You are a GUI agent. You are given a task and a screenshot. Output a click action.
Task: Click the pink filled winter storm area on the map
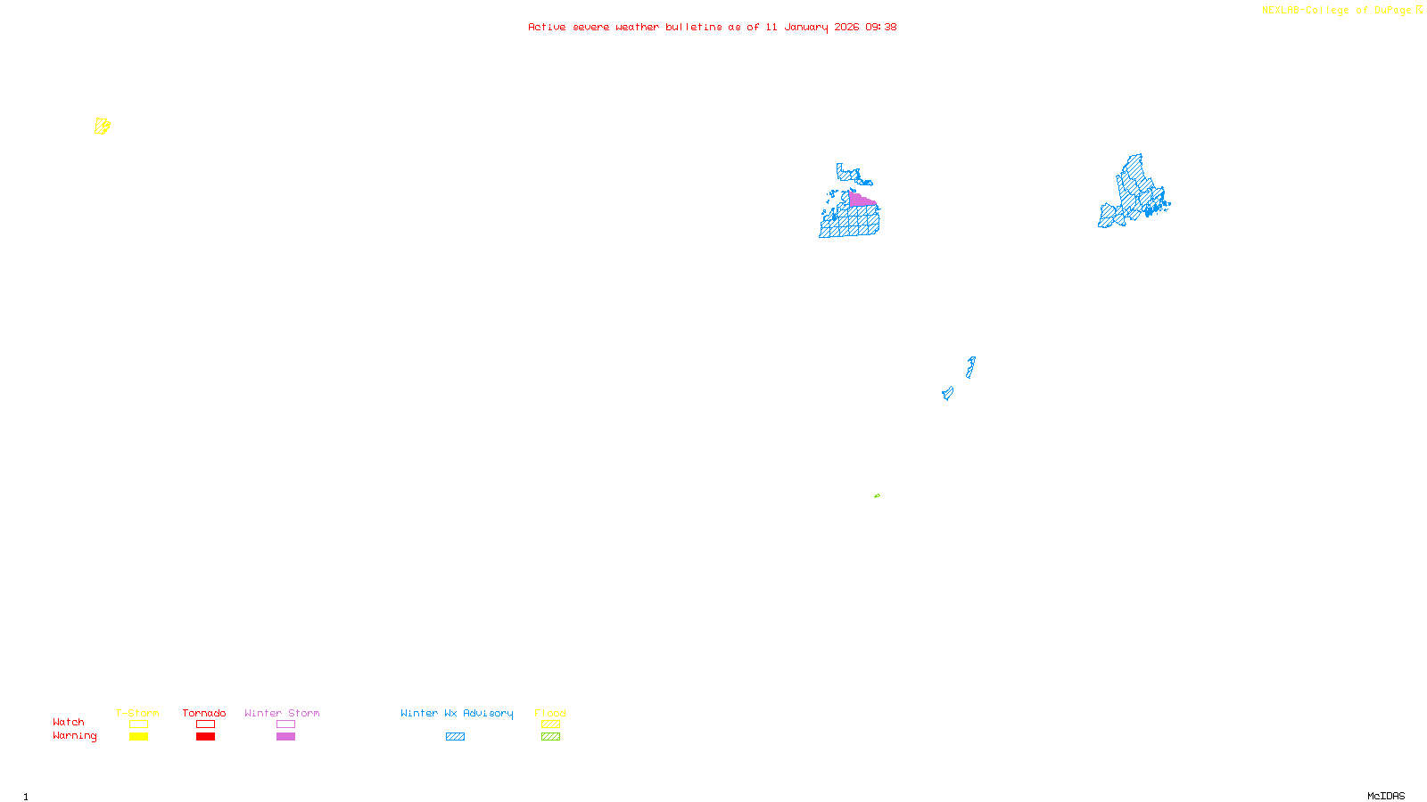pyautogui.click(x=860, y=200)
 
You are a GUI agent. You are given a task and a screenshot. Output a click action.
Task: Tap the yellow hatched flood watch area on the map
pyautogui.click(x=103, y=127)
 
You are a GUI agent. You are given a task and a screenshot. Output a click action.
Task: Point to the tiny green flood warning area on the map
pyautogui.click(x=877, y=495)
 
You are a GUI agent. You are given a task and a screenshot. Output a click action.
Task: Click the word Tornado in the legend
pyautogui.click(x=204, y=713)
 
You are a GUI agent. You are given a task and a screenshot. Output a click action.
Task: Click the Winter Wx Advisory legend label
pyautogui.click(x=457, y=713)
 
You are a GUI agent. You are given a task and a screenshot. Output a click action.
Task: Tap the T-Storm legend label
pyautogui.click(x=137, y=713)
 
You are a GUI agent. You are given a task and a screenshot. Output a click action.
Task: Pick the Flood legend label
pyautogui.click(x=550, y=713)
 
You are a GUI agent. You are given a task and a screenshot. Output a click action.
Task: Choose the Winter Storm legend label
pyautogui.click(x=282, y=713)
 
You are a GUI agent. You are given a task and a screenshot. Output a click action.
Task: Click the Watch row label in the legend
pyautogui.click(x=69, y=722)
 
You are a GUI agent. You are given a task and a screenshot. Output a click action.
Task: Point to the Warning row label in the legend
pyautogui.click(x=75, y=736)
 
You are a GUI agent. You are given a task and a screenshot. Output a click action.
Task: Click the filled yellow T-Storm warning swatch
pyautogui.click(x=138, y=737)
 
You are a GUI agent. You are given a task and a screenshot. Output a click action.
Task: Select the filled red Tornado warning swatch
pyautogui.click(x=205, y=737)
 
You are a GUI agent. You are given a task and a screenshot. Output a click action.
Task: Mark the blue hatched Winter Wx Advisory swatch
pyautogui.click(x=455, y=737)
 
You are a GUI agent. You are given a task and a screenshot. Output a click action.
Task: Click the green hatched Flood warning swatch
pyautogui.click(x=550, y=737)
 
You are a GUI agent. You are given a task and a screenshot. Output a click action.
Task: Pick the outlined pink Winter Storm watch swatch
pyautogui.click(x=285, y=724)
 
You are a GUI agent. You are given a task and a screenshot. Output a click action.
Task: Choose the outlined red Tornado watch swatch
pyautogui.click(x=205, y=724)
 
